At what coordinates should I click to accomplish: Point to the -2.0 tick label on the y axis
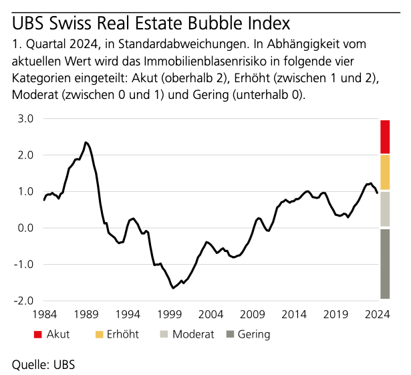[24, 300]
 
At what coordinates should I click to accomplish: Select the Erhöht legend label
[121, 334]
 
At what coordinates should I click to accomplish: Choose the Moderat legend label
[193, 334]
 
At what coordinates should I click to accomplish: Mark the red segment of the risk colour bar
[385, 136]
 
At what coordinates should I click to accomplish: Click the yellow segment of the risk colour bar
[385, 172]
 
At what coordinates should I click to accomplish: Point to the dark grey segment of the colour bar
[385, 264]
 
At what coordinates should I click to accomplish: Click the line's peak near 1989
[86, 142]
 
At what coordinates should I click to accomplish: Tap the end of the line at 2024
[378, 193]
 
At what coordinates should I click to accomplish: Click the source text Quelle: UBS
[43, 364]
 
